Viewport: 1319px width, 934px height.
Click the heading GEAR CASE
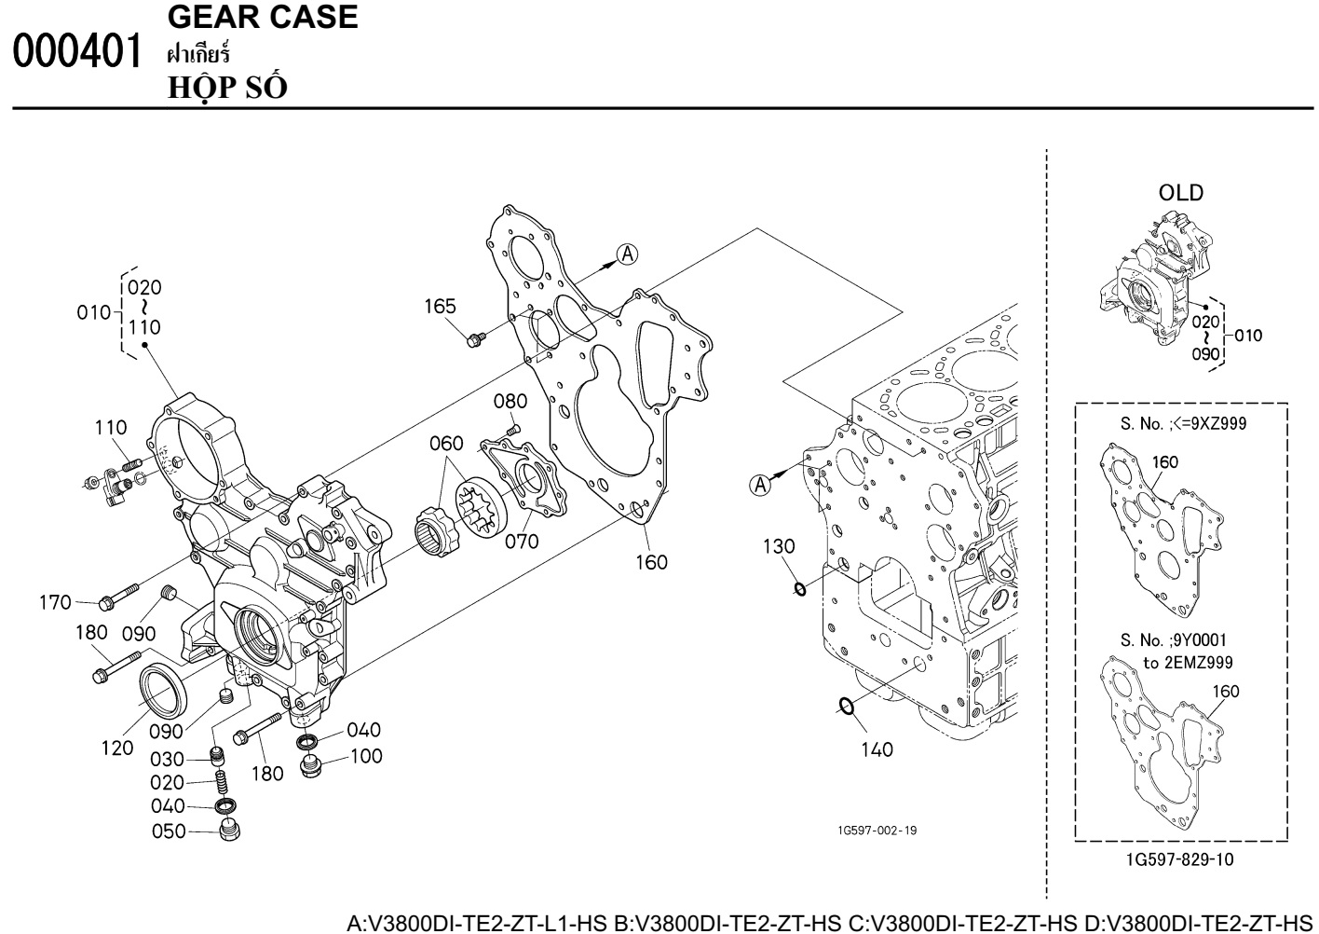point(263,17)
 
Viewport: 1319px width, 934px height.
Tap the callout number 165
point(441,306)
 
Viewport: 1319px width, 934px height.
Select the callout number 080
point(510,402)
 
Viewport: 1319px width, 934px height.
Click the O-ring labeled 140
point(846,707)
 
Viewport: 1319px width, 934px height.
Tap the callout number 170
point(55,603)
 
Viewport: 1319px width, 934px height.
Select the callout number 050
point(169,831)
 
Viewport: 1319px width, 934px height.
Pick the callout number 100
point(365,756)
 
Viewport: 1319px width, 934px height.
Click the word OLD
point(1180,193)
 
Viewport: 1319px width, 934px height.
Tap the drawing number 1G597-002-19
point(877,831)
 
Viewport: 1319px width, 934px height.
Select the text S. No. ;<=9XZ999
point(1183,424)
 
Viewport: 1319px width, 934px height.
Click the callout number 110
point(110,428)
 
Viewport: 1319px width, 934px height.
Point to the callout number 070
point(522,542)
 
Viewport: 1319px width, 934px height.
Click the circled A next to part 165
point(628,254)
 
